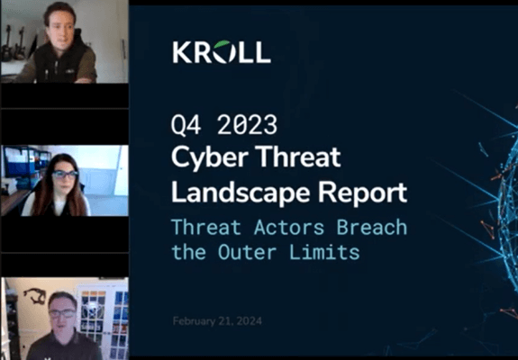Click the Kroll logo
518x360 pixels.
222,52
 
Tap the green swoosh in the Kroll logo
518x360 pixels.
224,44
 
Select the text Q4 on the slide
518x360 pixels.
186,125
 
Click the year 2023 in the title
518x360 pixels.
247,125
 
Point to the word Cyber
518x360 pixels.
210,157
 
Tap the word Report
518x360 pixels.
362,193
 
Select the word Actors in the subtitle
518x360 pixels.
289,228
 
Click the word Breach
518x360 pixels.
372,228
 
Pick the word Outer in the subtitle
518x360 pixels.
247,252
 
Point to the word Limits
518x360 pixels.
324,252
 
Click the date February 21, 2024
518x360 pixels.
217,321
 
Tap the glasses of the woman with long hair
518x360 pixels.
65,175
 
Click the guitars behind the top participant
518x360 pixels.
14,43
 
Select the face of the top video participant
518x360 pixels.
61,29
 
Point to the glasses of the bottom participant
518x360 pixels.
62,313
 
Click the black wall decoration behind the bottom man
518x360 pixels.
35,295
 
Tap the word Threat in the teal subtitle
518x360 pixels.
206,228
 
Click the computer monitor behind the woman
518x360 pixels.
16,162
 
